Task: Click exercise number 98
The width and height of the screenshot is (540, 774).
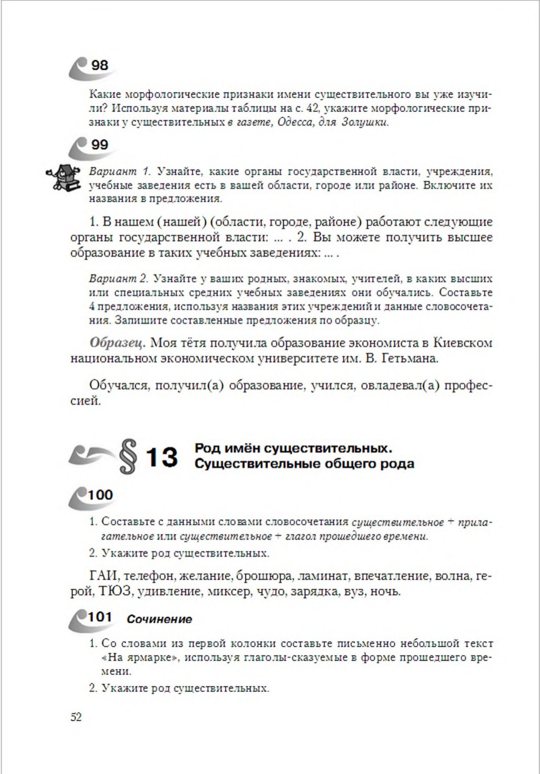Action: click(x=100, y=65)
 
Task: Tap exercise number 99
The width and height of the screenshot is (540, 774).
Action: click(x=100, y=145)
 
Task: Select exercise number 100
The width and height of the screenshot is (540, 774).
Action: click(x=100, y=495)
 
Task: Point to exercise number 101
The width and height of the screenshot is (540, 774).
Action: click(x=100, y=617)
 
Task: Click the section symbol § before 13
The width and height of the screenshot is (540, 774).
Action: click(x=128, y=456)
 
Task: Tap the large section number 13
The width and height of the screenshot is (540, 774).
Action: click(x=162, y=457)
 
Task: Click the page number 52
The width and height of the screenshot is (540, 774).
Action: click(x=76, y=717)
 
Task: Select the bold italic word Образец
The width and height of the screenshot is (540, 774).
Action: click(x=117, y=342)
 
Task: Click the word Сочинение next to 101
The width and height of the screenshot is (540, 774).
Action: click(x=159, y=619)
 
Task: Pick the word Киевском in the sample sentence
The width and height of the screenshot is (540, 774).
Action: click(x=462, y=342)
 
